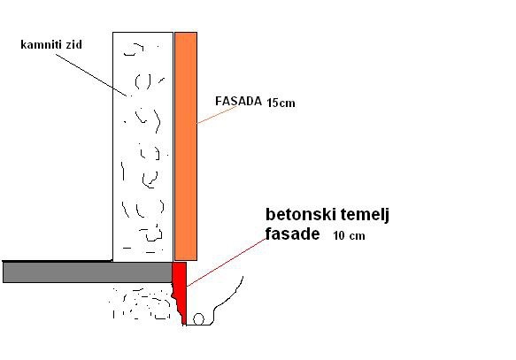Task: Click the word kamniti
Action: tap(41, 44)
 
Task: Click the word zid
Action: tap(73, 44)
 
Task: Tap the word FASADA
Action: tap(238, 101)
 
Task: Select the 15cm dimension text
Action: tap(281, 103)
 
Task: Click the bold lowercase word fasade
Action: tap(292, 234)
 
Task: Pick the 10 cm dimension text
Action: tap(349, 236)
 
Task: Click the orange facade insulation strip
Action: tap(186, 146)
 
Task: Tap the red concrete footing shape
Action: tap(181, 289)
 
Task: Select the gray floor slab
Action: tap(88, 272)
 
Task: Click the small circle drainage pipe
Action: tap(198, 319)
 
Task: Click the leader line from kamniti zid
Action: tap(91, 75)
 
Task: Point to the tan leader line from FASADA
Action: tap(217, 115)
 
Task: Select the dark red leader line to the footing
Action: tap(227, 263)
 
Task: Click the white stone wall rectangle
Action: tap(142, 147)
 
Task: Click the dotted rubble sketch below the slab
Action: tap(141, 303)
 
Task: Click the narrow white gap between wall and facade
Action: tap(173, 146)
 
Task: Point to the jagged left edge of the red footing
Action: tap(175, 296)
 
